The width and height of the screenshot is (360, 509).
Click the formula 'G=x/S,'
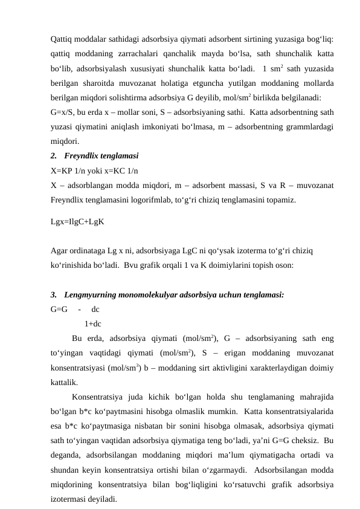click(65, 112)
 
